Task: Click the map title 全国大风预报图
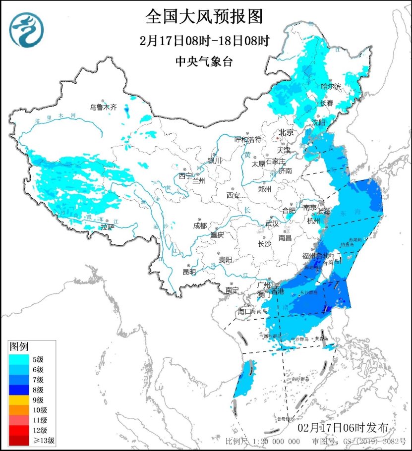(x=204, y=17)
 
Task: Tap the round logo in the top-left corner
(x=27, y=29)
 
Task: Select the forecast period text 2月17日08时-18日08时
(x=204, y=41)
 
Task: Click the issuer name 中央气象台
(x=204, y=61)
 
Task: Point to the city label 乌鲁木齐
(x=103, y=107)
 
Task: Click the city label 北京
(x=286, y=132)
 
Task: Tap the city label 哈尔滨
(x=331, y=87)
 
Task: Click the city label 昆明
(x=189, y=272)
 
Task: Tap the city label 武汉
(x=272, y=224)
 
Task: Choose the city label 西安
(x=233, y=195)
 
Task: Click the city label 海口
(x=245, y=311)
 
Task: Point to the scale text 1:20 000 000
(x=274, y=441)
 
